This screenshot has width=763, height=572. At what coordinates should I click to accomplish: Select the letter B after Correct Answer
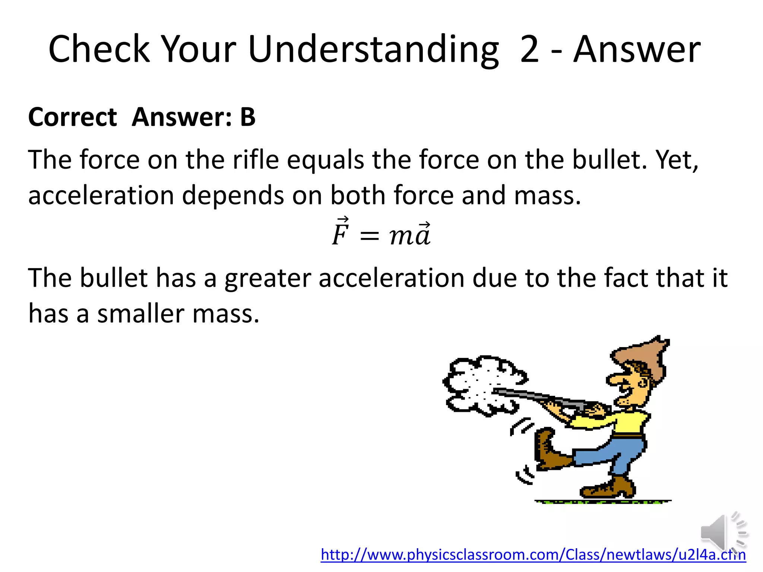tap(248, 117)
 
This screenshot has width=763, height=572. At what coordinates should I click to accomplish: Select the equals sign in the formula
tap(369, 236)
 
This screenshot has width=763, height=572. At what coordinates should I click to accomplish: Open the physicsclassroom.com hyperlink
tap(533, 555)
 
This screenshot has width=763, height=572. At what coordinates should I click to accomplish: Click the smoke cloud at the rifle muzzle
tap(481, 384)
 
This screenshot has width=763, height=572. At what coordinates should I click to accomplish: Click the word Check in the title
tap(99, 50)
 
